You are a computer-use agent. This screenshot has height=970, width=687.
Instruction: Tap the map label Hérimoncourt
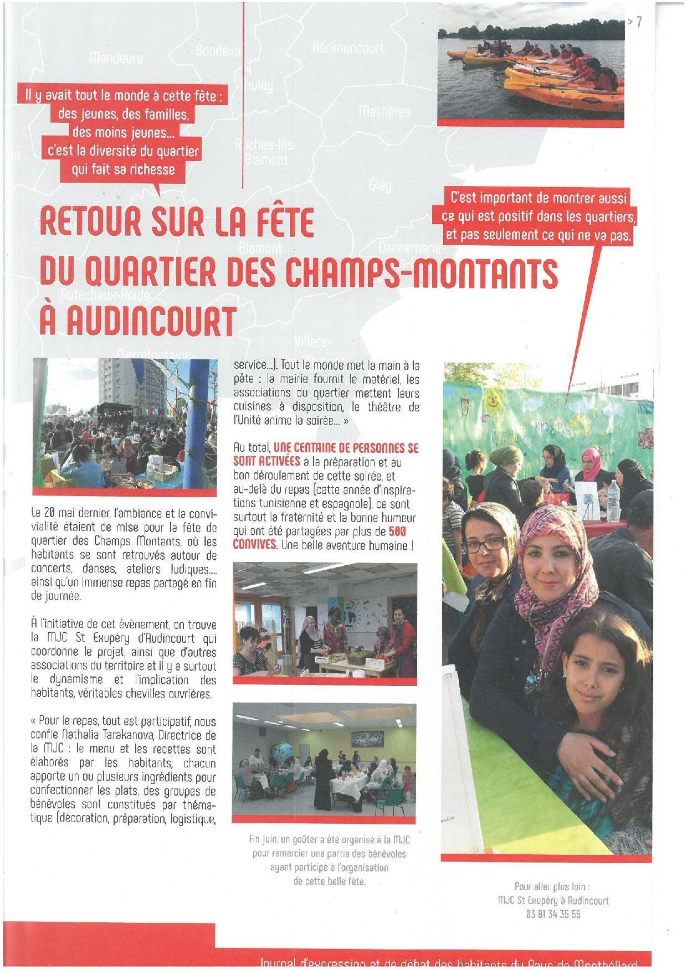tap(347, 48)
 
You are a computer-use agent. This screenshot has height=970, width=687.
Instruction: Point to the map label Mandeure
tap(116, 58)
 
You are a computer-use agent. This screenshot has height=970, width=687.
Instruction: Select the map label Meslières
tap(384, 112)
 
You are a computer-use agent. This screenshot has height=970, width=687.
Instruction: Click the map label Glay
tap(380, 185)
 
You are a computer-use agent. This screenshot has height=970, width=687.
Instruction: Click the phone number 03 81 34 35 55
tap(553, 914)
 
